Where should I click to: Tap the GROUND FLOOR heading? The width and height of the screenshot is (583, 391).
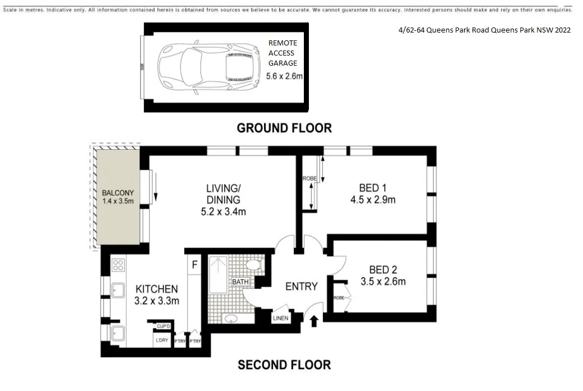pos(284,128)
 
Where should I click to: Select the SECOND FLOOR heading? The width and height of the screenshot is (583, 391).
pos(284,365)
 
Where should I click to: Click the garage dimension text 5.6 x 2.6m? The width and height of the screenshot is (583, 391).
pos(284,76)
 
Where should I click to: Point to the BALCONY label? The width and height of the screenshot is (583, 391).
pos(117,193)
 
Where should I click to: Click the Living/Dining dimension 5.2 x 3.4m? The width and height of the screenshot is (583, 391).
pos(223,211)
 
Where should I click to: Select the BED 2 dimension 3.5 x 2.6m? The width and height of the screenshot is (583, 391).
pos(383,281)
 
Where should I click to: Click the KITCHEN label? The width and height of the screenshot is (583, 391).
pos(157,289)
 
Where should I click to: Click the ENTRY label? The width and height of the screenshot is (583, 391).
pos(301,286)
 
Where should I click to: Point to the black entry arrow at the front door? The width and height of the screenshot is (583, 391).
pos(314,320)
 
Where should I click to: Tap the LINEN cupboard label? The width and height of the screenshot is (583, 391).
pos(280,318)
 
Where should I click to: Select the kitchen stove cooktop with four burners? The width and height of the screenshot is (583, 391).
pos(118,264)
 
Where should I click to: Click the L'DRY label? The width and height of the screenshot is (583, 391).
pos(162,340)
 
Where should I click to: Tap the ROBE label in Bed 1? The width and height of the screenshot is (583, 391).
pos(309,179)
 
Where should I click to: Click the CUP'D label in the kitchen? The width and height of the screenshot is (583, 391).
pos(163,326)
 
